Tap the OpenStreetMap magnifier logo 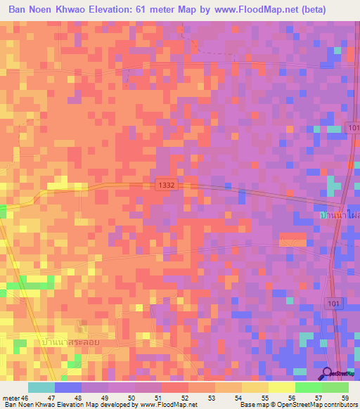(x=328, y=373)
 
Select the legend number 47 (x=50, y=396)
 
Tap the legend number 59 (x=344, y=396)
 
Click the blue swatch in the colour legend (x=67, y=387)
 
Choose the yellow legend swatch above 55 (x=255, y=387)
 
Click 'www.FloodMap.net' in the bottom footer (x=169, y=405)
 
